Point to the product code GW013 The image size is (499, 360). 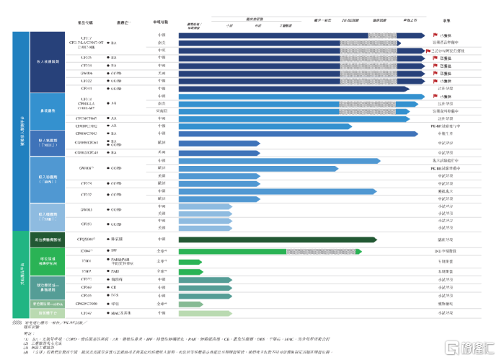86,209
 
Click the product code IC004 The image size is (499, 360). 87,250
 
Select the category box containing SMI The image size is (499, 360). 49,216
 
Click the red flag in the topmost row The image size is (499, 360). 436,35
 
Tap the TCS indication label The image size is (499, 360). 114,296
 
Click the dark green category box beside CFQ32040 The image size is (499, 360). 49,239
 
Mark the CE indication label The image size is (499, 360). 113,287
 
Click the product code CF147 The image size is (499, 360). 87,313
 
